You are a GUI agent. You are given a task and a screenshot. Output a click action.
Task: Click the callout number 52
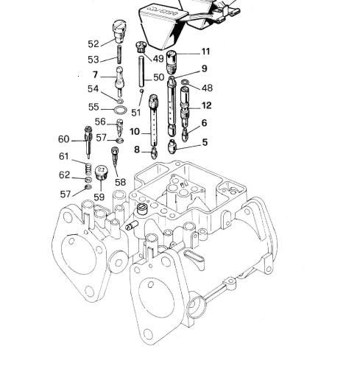(93, 44)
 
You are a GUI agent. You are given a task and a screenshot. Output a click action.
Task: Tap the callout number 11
(205, 52)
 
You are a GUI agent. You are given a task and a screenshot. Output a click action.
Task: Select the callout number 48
(207, 88)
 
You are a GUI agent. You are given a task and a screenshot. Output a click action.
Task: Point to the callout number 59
(99, 197)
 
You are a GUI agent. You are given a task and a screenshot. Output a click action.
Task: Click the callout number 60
(63, 139)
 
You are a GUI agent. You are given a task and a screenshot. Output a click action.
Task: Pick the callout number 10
(135, 132)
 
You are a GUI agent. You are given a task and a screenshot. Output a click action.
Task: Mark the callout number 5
(205, 142)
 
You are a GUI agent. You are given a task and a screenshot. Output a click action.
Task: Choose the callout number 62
(64, 175)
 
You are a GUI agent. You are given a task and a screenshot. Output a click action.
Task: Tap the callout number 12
(206, 105)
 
